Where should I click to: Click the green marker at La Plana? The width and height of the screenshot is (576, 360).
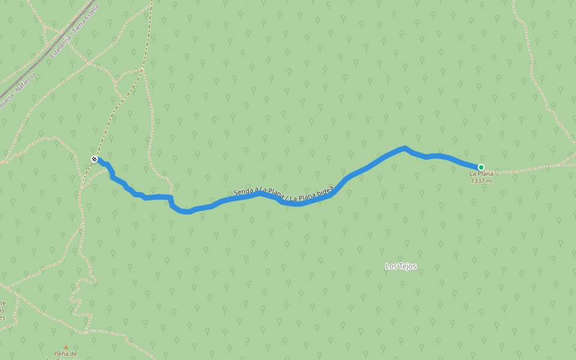[481, 167]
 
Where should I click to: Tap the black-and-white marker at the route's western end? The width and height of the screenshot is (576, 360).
[94, 159]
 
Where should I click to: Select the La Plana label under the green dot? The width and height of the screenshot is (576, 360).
[481, 174]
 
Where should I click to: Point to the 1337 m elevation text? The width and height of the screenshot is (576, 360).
[481, 181]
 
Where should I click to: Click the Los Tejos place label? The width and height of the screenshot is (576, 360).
[400, 266]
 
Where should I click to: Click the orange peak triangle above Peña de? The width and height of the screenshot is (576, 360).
[66, 347]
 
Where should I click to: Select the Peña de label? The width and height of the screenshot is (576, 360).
[66, 353]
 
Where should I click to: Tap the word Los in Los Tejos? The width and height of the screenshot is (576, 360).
[390, 266]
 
